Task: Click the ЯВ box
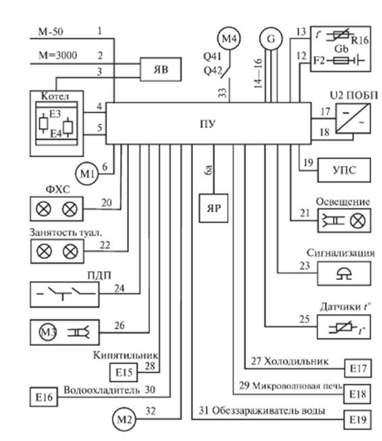click(161, 69)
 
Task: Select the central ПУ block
click(209, 123)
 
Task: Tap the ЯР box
click(213, 208)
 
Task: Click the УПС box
click(344, 170)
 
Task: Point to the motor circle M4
click(229, 38)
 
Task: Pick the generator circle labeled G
click(271, 38)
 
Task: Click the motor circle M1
click(87, 173)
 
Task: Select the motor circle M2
click(124, 419)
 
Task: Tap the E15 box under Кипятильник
click(124, 372)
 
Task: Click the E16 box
click(44, 397)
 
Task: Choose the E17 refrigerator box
click(358, 368)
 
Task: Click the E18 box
click(358, 394)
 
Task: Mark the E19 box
click(358, 420)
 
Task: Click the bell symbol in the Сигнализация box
click(344, 274)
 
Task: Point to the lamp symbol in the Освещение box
click(358, 220)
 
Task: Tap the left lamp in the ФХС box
click(44, 209)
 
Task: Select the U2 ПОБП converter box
click(353, 119)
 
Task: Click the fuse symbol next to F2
click(341, 60)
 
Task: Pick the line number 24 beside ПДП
click(119, 289)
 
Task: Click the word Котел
click(55, 96)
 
